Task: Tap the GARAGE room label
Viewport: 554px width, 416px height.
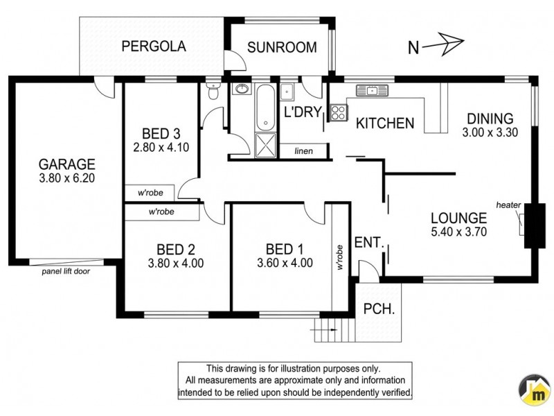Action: pyautogui.click(x=66, y=164)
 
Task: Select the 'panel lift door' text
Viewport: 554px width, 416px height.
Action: pyautogui.click(x=65, y=271)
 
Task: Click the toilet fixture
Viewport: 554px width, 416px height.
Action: pyautogui.click(x=213, y=92)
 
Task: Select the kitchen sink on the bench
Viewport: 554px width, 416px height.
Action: pyautogui.click(x=372, y=90)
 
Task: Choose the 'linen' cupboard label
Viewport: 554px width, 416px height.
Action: pyautogui.click(x=303, y=150)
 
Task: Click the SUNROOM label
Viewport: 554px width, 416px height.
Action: pyautogui.click(x=282, y=48)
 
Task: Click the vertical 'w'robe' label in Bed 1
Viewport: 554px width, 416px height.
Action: pyautogui.click(x=339, y=257)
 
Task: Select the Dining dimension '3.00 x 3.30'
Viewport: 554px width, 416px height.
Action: pyautogui.click(x=490, y=131)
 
